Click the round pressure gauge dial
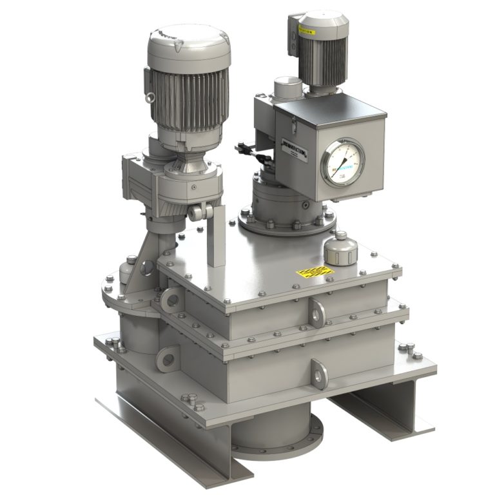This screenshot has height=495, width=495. (342, 163)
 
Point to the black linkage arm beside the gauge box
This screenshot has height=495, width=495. (248, 150)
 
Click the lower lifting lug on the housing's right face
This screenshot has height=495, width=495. (318, 372)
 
